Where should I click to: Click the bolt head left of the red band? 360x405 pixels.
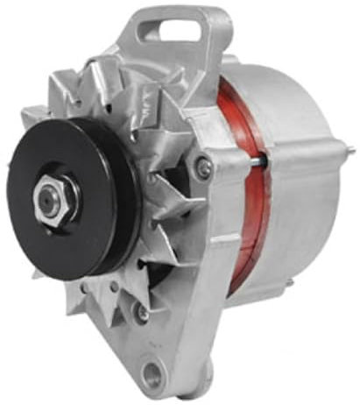click(x=204, y=166)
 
